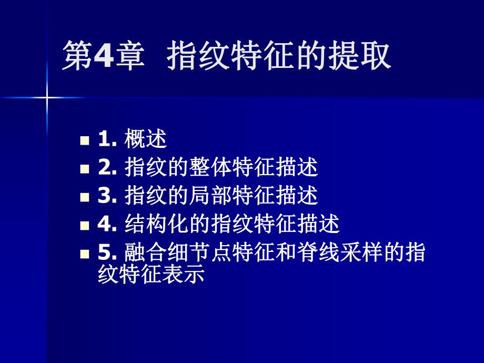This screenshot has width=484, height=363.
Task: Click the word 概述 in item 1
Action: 146,139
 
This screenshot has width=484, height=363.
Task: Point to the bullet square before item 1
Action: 84,141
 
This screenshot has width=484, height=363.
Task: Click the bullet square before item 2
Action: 84,169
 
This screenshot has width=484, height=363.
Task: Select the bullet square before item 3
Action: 84,197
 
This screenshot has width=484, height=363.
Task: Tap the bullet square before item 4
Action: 84,226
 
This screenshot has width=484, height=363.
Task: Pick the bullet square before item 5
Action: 84,254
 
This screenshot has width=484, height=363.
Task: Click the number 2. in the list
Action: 106,168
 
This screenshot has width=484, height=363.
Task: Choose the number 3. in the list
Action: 106,196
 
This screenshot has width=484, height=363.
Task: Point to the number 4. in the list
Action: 106,224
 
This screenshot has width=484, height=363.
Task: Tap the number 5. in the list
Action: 106,253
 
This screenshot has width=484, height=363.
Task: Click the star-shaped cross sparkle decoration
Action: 46,97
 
